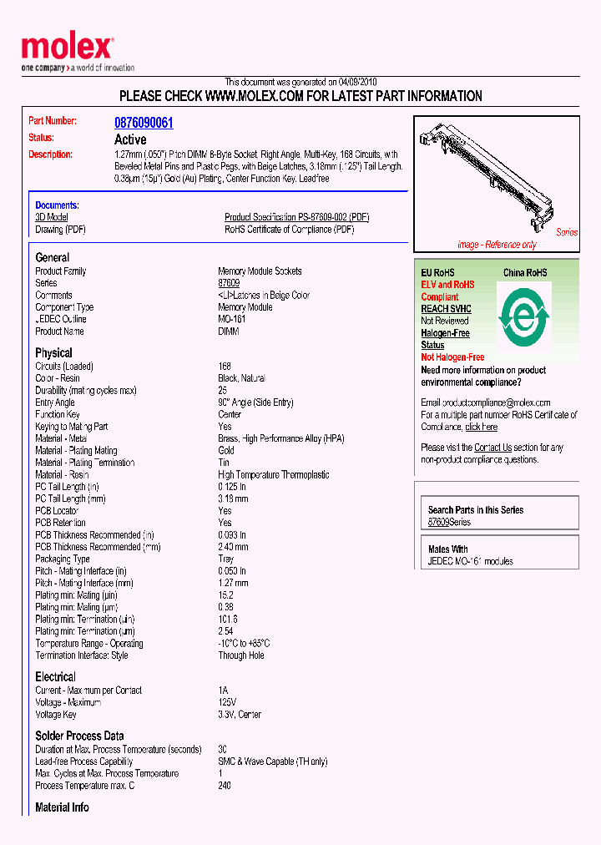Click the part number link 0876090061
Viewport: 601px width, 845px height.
[144, 123]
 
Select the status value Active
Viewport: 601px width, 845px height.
[130, 139]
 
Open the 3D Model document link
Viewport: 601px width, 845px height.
[51, 217]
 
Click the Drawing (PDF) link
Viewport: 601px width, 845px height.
[60, 230]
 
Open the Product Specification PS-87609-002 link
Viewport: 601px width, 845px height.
[296, 217]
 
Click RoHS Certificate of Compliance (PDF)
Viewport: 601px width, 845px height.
[289, 230]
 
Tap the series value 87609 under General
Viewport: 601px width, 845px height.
[229, 283]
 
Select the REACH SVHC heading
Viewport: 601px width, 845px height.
[446, 309]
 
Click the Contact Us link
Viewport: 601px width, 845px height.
[492, 448]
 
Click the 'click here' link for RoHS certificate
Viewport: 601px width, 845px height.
[481, 427]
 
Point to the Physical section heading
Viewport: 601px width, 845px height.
[53, 352]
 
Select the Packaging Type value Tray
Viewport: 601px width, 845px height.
[226, 559]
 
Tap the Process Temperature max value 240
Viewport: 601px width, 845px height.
[225, 785]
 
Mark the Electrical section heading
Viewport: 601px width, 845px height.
[55, 676]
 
